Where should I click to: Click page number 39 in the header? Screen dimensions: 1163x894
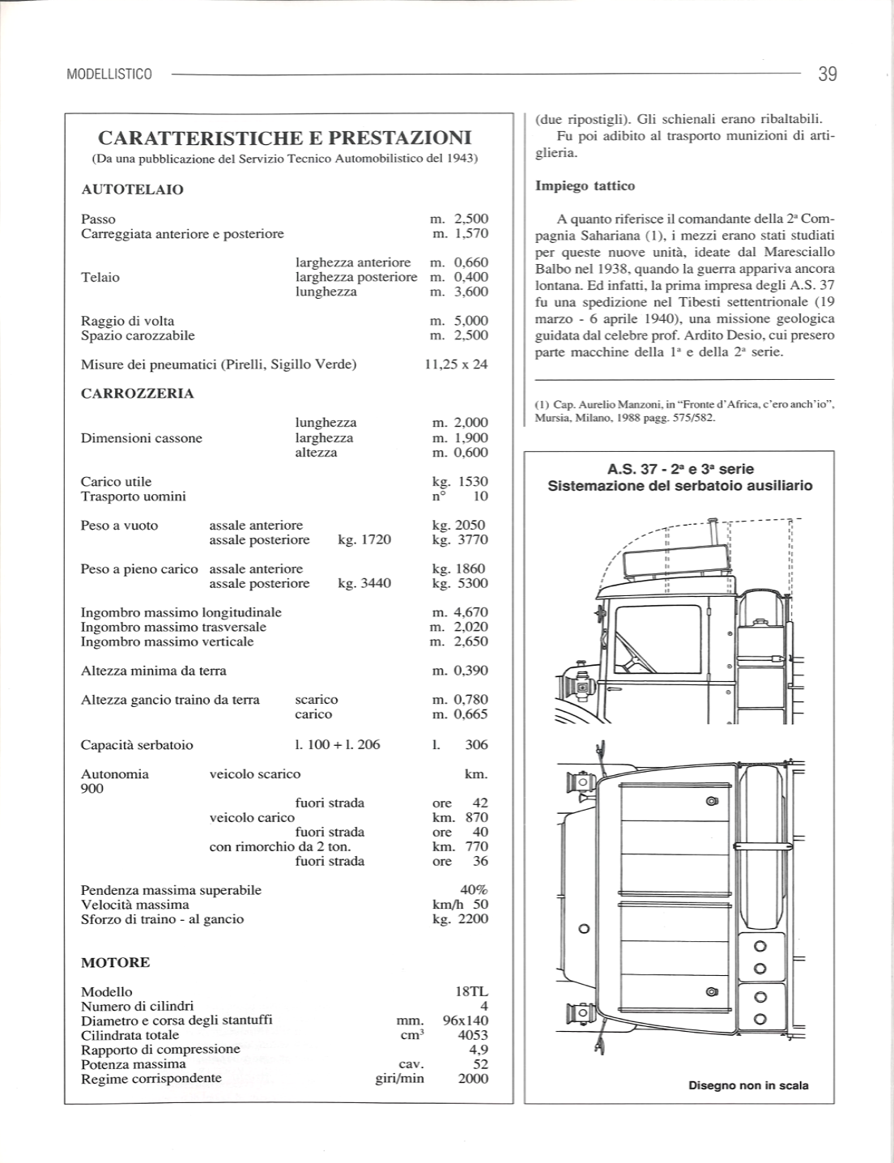pyautogui.click(x=827, y=75)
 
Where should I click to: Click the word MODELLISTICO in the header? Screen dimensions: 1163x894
pyautogui.click(x=109, y=75)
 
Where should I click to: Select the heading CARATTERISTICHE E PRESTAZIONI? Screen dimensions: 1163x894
pyautogui.click(x=284, y=137)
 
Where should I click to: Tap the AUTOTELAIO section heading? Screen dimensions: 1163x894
pyautogui.click(x=132, y=190)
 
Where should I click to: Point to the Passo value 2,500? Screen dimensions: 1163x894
pyautogui.click(x=471, y=219)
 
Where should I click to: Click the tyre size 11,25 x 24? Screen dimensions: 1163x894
pyautogui.click(x=457, y=364)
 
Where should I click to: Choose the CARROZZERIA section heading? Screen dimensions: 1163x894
pyautogui.click(x=138, y=394)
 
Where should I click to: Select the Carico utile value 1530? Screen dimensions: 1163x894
pyautogui.click(x=473, y=482)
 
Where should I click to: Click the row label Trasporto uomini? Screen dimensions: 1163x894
pyautogui.click(x=133, y=496)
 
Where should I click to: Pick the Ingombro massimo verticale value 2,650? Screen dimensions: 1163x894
pyautogui.click(x=471, y=642)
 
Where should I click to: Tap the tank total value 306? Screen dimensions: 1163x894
pyautogui.click(x=477, y=745)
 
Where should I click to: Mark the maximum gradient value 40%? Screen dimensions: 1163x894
pyautogui.click(x=474, y=890)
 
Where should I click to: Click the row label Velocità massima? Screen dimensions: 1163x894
pyautogui.click(x=134, y=905)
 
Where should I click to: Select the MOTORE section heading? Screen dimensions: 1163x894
pyautogui.click(x=115, y=963)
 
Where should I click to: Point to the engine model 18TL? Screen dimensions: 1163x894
pyautogui.click(x=473, y=992)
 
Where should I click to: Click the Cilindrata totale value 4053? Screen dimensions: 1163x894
pyautogui.click(x=473, y=1035)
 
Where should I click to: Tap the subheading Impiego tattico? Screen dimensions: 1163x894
pyautogui.click(x=585, y=186)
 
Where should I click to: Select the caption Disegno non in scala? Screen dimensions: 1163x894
pyautogui.click(x=748, y=1085)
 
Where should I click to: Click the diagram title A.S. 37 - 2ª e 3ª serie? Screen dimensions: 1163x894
pyautogui.click(x=680, y=469)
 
